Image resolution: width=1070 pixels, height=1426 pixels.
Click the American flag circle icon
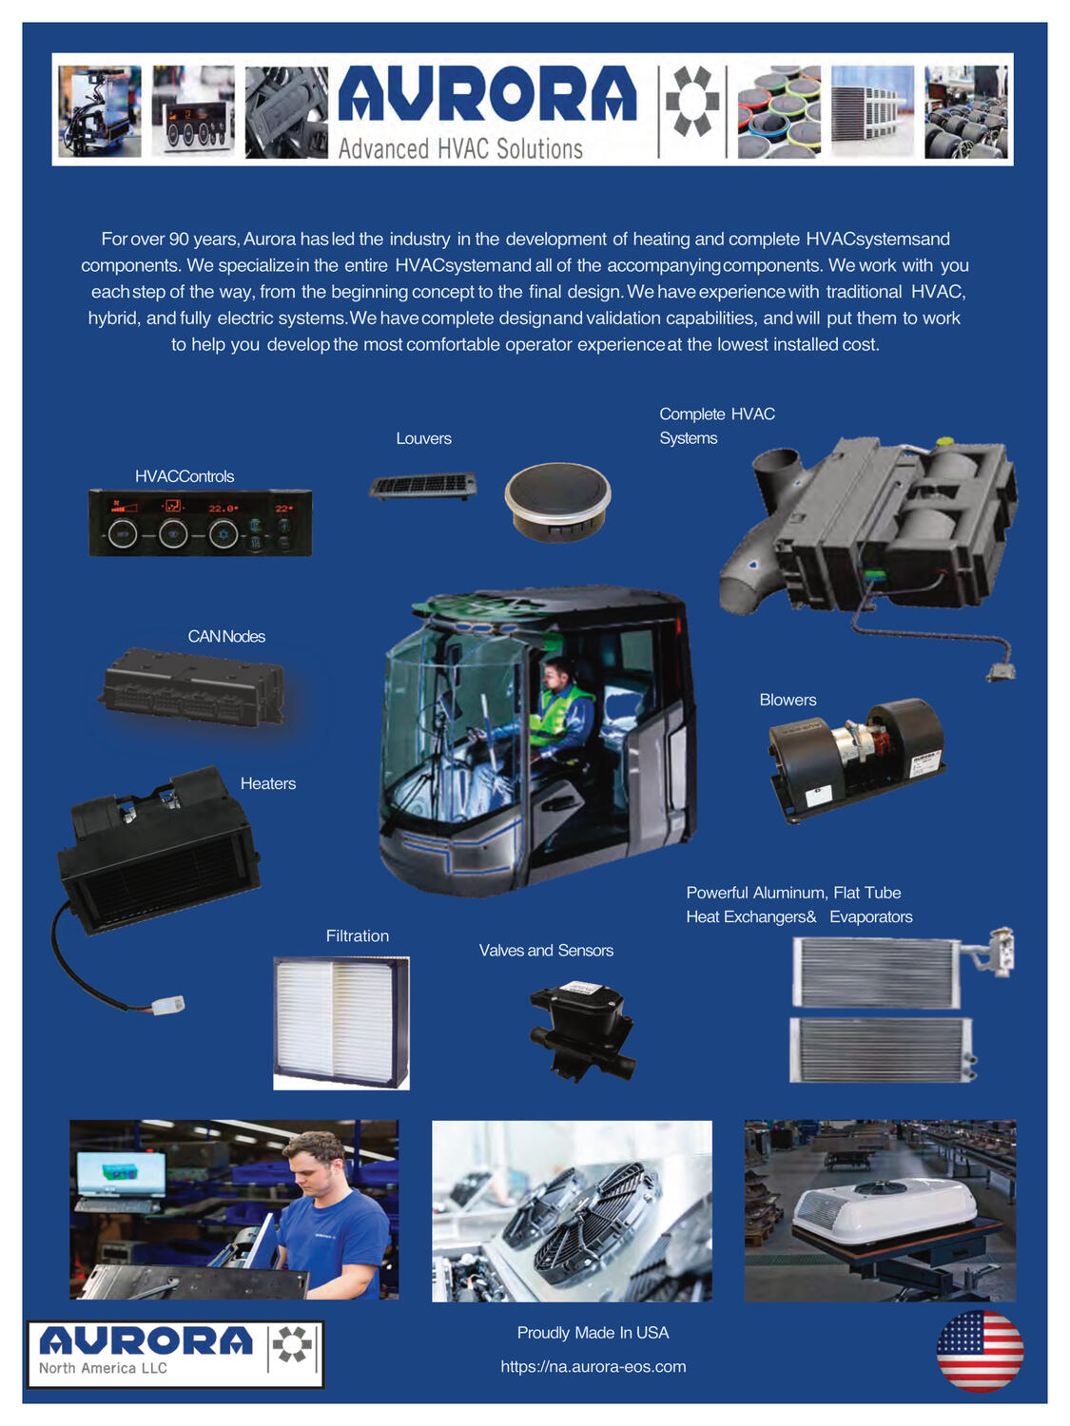pos(979,1350)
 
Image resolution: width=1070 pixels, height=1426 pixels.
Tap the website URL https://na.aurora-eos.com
pos(593,1366)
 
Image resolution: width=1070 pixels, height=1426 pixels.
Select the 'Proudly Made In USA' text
pos(593,1333)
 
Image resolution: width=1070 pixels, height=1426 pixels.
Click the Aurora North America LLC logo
pos(175,1353)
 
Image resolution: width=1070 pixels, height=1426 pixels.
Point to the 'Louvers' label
pos(423,438)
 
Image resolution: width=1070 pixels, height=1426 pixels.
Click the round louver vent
pos(557,501)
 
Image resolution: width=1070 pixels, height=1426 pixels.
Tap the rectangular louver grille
pos(422,487)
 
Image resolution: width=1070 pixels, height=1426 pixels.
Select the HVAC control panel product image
pos(200,522)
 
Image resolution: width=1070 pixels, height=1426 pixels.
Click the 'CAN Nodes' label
pos(226,636)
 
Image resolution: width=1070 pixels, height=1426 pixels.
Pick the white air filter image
pos(340,1022)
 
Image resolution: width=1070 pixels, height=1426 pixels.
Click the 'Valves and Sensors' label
pos(546,951)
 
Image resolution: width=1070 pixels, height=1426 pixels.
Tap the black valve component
pos(581,1031)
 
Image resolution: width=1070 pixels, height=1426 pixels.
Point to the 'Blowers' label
pos(788,700)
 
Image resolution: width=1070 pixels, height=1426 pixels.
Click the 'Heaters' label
pos(267,783)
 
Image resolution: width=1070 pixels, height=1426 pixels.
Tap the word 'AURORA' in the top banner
pos(487,95)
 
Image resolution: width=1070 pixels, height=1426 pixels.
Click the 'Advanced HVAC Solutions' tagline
pos(460,148)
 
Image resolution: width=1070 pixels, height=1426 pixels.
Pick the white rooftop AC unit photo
pos(880,1210)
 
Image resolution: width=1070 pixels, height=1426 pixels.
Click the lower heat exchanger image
pos(881,1050)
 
